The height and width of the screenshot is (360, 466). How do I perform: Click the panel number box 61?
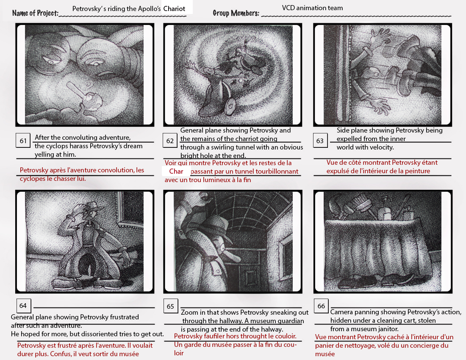(23, 141)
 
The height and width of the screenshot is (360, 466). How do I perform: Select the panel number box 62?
(170, 141)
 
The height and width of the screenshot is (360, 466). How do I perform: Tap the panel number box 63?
(320, 141)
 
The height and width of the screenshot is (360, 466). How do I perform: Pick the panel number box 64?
(23, 306)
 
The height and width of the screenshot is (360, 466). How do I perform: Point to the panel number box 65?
(171, 306)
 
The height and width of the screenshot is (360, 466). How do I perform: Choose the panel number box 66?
(321, 306)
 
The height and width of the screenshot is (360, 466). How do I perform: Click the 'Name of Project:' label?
(35, 13)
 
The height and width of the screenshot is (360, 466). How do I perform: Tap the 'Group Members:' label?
(236, 13)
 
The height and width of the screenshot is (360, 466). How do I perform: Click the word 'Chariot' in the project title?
(174, 9)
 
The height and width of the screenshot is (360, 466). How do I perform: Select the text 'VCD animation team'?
(312, 8)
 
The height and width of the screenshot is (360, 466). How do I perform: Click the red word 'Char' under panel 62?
(176, 172)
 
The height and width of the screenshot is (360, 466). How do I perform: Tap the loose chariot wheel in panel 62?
(230, 105)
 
